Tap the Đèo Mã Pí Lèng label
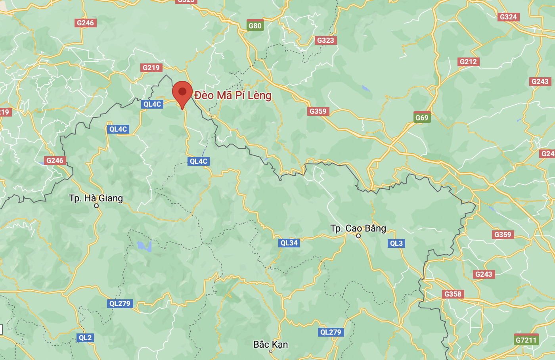point(233,96)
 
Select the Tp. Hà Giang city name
point(96,198)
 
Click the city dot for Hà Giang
point(96,206)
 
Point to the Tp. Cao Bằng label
point(358,228)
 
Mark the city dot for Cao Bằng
point(358,236)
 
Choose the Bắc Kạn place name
point(271,344)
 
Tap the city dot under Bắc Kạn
point(271,351)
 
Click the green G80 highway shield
point(255,26)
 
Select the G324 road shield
point(508,17)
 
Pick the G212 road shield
point(468,61)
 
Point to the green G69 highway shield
point(422,117)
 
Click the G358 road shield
point(453,294)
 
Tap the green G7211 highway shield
point(526,340)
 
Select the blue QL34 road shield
point(289,243)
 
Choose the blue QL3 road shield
point(396,243)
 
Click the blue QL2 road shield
point(85,338)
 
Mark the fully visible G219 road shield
point(151,67)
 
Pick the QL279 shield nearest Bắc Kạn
point(331,332)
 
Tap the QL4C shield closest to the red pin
point(152,104)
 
